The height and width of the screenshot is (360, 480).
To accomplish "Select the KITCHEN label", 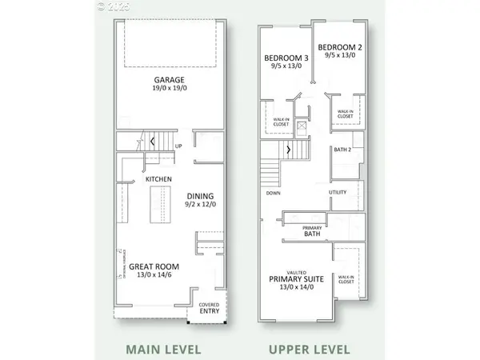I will click(x=159, y=179).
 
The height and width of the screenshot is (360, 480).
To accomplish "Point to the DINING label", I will click(x=200, y=196).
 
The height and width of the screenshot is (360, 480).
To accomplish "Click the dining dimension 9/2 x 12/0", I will click(x=201, y=205).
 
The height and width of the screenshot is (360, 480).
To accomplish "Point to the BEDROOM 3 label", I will click(x=286, y=58).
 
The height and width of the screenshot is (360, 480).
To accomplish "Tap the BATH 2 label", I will click(x=343, y=150).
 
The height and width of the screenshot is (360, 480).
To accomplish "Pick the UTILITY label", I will click(x=338, y=193).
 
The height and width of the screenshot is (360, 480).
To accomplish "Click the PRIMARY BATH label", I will click(x=312, y=232).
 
